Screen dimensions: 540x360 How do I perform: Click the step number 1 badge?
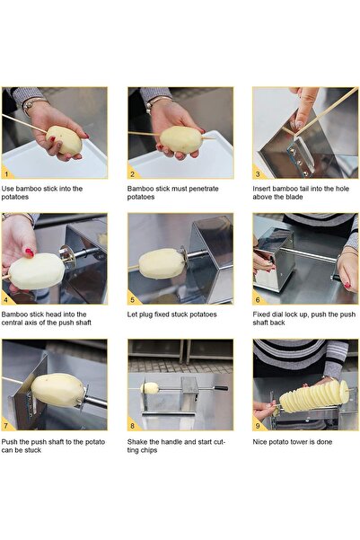point(8,173)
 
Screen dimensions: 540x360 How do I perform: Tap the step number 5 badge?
point(133,299)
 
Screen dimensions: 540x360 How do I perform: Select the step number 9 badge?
point(258,424)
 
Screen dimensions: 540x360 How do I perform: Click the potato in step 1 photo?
point(64,140)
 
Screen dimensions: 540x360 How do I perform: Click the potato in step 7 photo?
point(57,390)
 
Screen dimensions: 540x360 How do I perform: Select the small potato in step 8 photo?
point(151,388)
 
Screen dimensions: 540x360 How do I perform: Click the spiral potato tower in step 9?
point(312,394)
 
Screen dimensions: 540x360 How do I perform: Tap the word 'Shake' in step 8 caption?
point(138,441)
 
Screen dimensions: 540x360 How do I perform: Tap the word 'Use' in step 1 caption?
point(8,189)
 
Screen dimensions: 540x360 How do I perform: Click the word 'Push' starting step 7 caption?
point(11,441)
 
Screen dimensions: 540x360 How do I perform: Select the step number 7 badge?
point(8,424)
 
